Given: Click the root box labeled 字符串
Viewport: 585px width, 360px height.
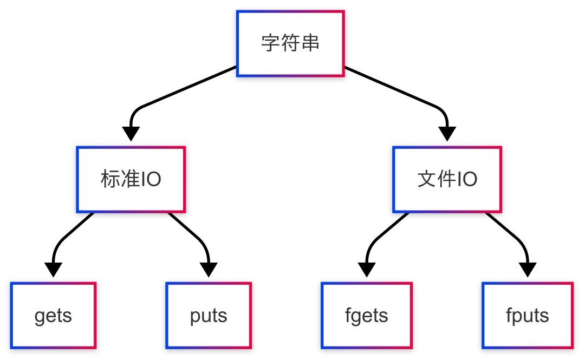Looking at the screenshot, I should click(290, 43).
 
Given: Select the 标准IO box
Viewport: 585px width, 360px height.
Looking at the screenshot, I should click(131, 179).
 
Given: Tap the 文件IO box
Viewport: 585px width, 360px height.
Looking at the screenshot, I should click(447, 179).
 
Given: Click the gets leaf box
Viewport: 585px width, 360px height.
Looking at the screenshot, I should click(53, 315).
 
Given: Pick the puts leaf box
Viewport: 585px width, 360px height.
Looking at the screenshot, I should click(209, 315).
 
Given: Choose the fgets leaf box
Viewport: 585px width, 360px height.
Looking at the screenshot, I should click(367, 315).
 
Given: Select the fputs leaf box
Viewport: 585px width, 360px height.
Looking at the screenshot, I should click(527, 315).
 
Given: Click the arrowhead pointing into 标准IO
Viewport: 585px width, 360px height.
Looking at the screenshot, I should click(131, 133).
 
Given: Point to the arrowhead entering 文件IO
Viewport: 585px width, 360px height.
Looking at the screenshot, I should click(447, 133).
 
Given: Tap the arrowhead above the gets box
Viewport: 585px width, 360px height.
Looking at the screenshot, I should click(53, 269).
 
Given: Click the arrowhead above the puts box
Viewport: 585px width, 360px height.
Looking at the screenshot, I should click(209, 269).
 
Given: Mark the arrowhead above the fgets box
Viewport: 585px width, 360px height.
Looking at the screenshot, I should click(367, 269).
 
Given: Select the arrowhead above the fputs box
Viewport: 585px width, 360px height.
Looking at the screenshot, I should click(527, 269).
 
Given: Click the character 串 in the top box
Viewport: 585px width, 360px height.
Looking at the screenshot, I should click(310, 43).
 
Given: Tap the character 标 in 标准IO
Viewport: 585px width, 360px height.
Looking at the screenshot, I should click(110, 179).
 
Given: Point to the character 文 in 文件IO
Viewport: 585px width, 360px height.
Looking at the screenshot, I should click(427, 179).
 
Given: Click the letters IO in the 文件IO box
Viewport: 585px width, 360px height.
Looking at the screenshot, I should click(467, 179).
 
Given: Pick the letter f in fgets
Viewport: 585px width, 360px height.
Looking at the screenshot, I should click(348, 315).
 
